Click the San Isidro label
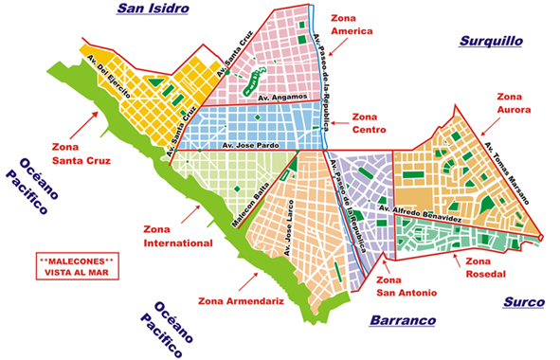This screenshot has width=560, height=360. [x=154, y=9]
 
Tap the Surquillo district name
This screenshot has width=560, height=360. [x=491, y=41]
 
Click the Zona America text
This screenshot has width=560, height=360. [x=351, y=24]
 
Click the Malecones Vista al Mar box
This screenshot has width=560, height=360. [x=76, y=265]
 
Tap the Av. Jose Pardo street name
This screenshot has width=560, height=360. [x=248, y=147]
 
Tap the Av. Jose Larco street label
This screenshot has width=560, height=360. [x=288, y=227]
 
